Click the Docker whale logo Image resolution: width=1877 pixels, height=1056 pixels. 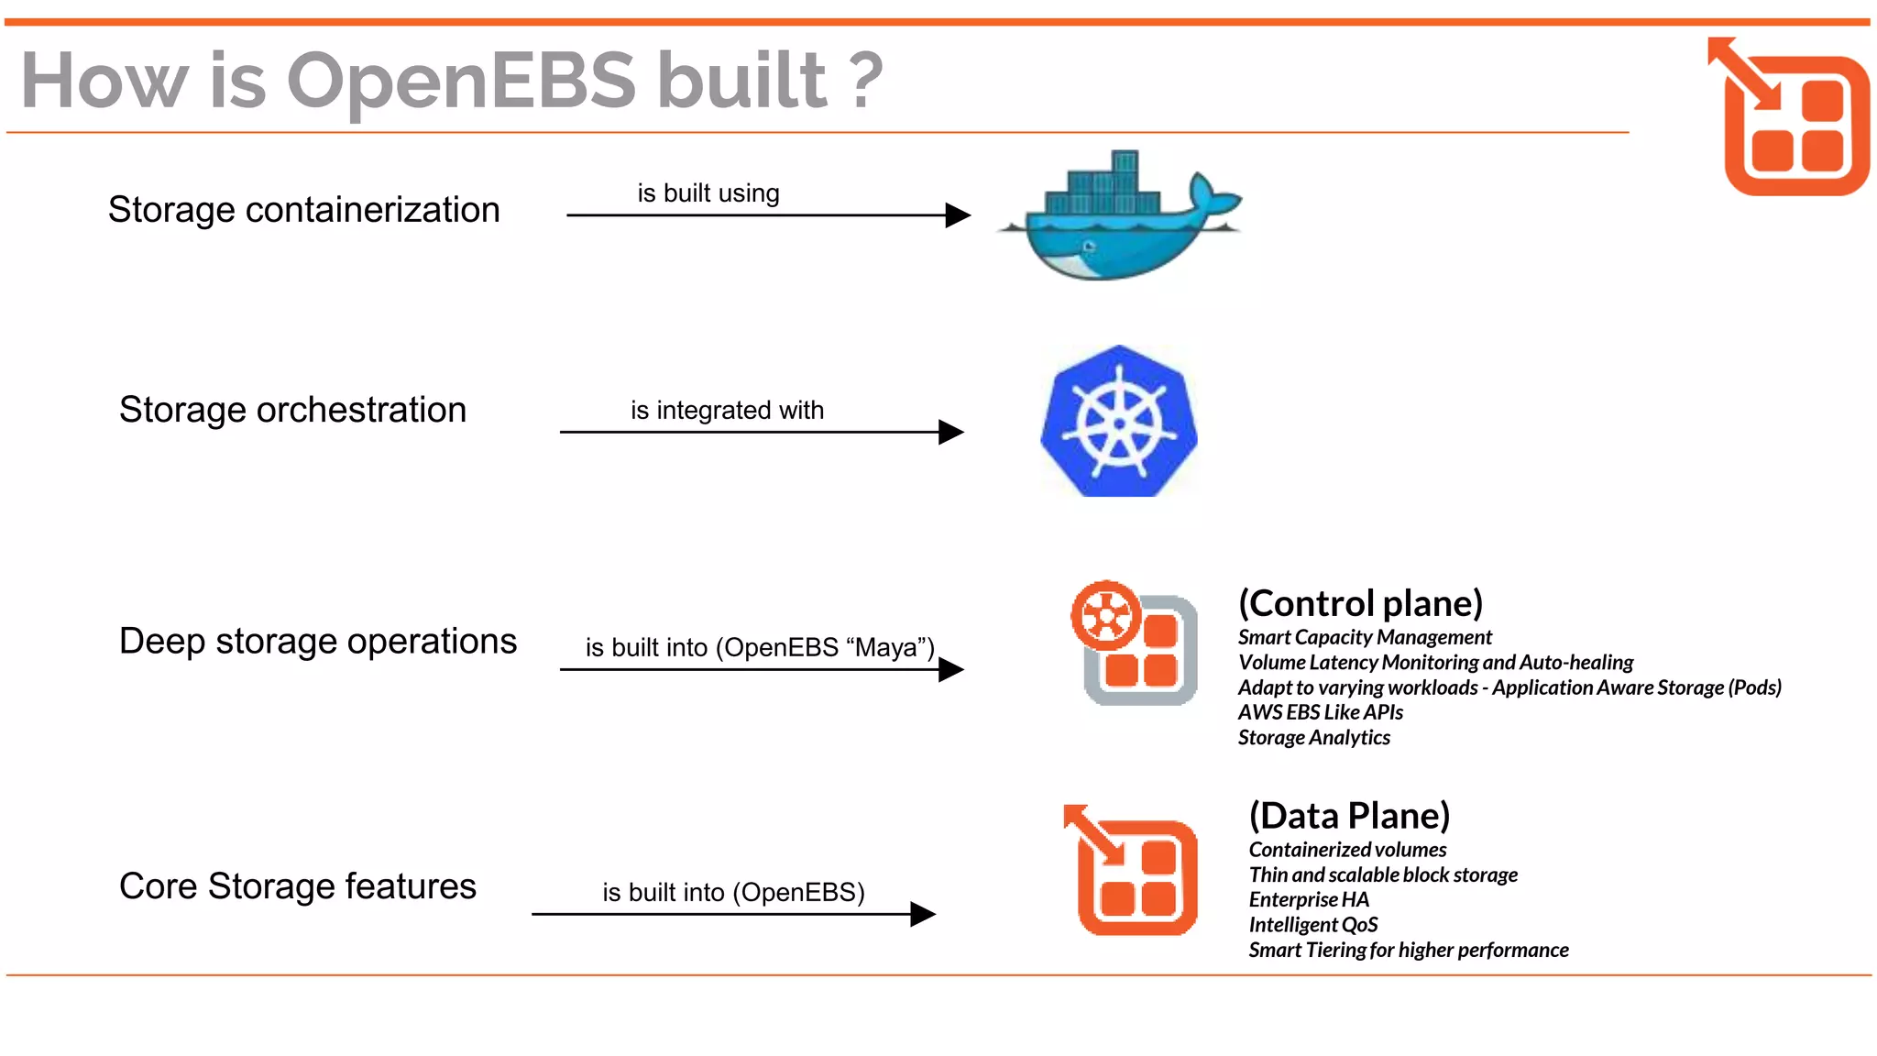1118,220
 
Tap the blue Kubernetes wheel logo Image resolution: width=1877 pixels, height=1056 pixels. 1119,423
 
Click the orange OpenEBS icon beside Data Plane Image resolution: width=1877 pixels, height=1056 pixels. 1133,871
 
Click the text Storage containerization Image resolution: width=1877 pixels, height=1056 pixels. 303,210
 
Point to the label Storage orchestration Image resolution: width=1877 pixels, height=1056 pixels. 292,410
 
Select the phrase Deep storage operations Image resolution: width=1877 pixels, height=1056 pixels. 317,641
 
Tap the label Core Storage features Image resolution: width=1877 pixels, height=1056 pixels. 297,886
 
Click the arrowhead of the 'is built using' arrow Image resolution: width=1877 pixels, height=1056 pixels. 958,215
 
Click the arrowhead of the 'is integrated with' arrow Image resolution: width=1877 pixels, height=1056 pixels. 951,432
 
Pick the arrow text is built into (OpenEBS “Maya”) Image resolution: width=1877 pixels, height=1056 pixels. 759,647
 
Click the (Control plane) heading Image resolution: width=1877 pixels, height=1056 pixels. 1360,603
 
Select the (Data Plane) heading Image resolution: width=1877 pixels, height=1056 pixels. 1349,816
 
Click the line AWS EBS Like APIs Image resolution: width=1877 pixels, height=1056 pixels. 1320,712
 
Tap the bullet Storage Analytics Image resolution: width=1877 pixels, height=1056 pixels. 1313,738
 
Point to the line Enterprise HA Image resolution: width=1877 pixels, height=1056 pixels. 1309,900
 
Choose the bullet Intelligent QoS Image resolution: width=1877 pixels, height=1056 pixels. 1312,925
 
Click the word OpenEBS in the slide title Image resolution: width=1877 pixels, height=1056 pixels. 461,81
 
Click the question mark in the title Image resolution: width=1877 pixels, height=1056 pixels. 865,81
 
